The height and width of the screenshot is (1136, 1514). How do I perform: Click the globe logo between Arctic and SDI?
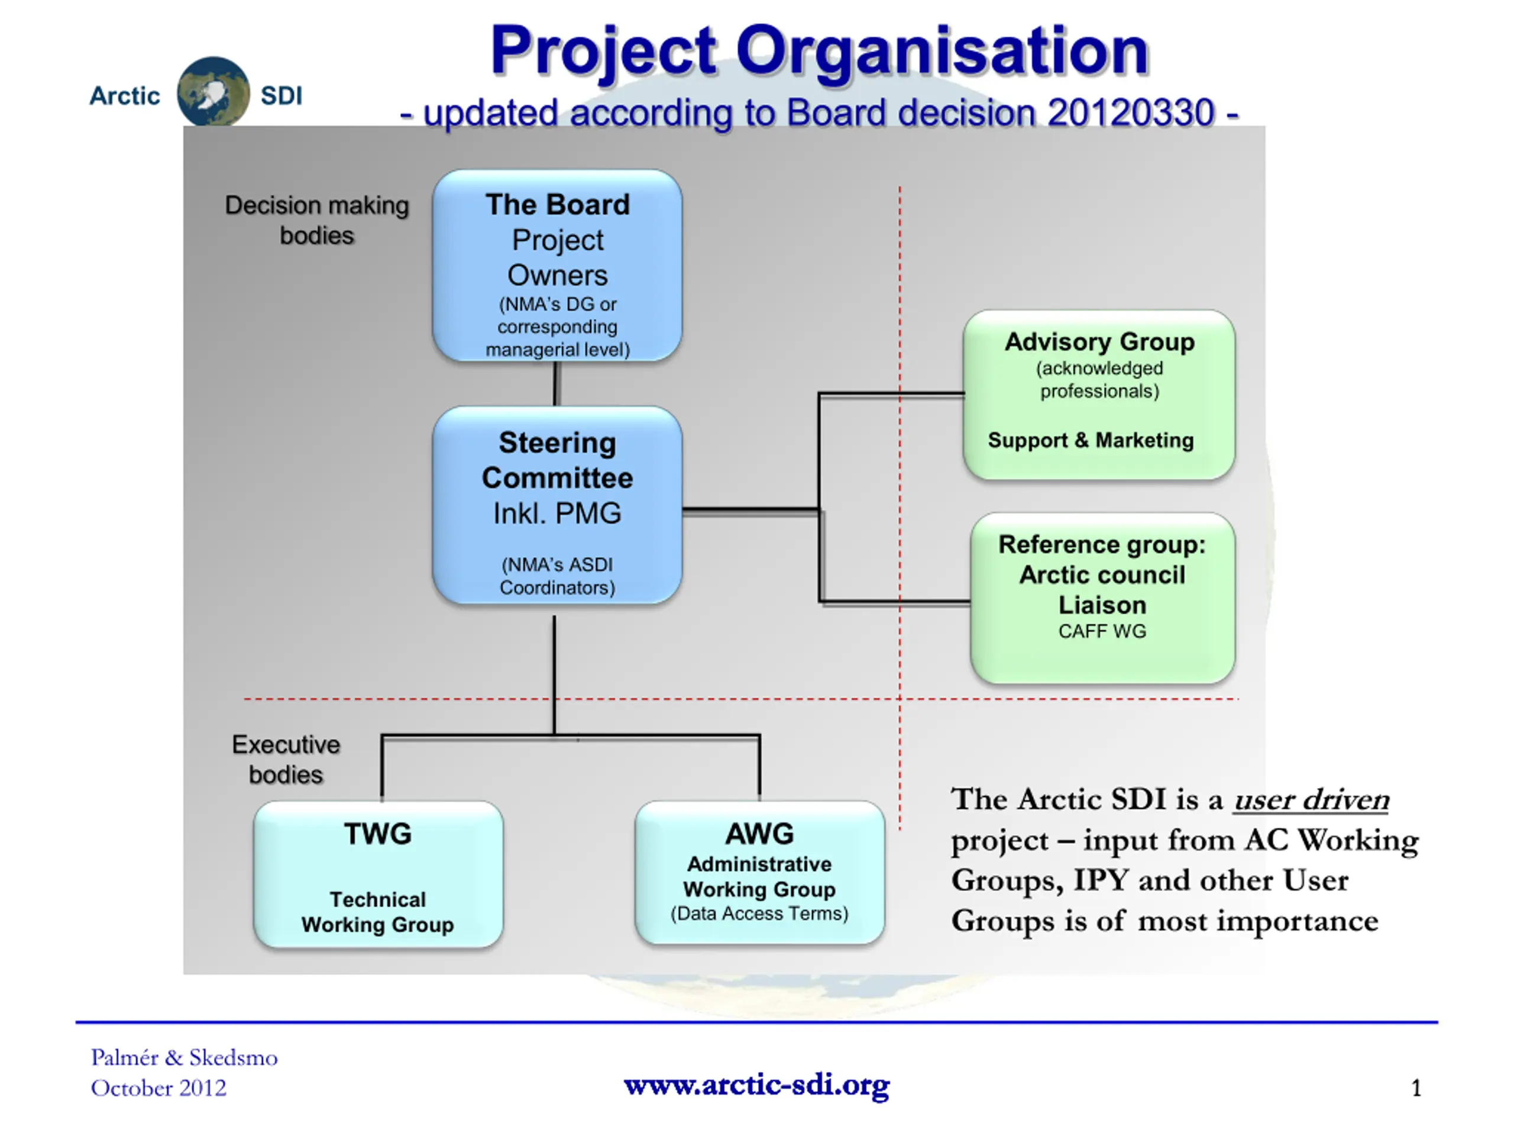pos(213,92)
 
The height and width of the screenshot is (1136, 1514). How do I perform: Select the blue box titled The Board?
pos(557,266)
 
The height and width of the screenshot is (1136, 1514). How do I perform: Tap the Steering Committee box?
pos(557,505)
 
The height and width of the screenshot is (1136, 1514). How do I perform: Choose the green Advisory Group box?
pos(1099,395)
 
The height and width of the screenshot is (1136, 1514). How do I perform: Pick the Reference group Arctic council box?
pos(1102,598)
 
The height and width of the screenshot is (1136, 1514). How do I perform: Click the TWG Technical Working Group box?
pos(378,874)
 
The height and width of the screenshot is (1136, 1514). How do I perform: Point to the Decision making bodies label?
pos(317,220)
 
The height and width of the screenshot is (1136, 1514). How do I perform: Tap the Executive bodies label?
pos(286,759)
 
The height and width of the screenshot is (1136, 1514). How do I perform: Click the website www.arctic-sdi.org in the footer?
pos(757,1085)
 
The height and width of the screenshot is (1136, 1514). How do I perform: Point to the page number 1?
pos(1416,1088)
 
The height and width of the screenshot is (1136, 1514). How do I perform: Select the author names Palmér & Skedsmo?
pos(184,1058)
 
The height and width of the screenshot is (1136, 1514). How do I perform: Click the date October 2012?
pos(158,1088)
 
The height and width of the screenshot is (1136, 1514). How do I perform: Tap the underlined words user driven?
pos(1311,800)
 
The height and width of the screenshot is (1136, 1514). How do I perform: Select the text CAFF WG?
pos(1102,631)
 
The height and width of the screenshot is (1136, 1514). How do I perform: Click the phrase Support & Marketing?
pos(1091,440)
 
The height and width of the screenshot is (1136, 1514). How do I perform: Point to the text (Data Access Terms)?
pos(760,914)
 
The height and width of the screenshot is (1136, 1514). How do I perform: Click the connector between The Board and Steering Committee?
pos(557,384)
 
